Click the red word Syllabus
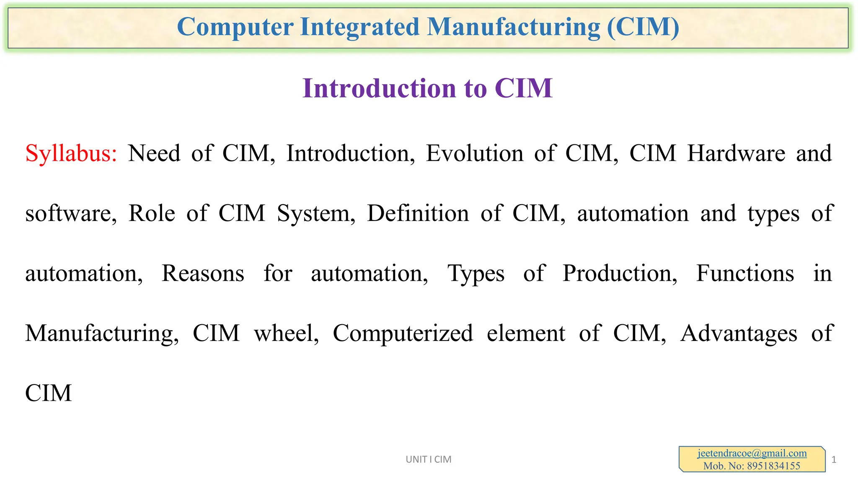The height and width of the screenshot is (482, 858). pos(71,154)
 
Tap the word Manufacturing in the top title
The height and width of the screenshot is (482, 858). pos(514,27)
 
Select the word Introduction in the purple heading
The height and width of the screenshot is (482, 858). pos(380,88)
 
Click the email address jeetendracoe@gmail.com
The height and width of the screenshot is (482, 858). pos(752,453)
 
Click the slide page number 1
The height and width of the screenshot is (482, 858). pos(834,460)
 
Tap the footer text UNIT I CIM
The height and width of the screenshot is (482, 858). pos(428,459)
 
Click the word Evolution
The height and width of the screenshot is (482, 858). pos(475,153)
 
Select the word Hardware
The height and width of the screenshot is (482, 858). pos(736,153)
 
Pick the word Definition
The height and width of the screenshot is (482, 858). pos(418,213)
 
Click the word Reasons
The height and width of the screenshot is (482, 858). pos(203,274)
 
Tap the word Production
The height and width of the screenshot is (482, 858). pos(620,274)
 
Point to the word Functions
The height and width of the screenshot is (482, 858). pos(745,274)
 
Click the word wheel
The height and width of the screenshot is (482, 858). pos(287,333)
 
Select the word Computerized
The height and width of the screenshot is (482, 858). pos(403,333)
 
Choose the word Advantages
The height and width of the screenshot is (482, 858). pos(739,334)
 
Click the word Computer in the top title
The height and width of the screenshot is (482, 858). pos(235,27)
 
